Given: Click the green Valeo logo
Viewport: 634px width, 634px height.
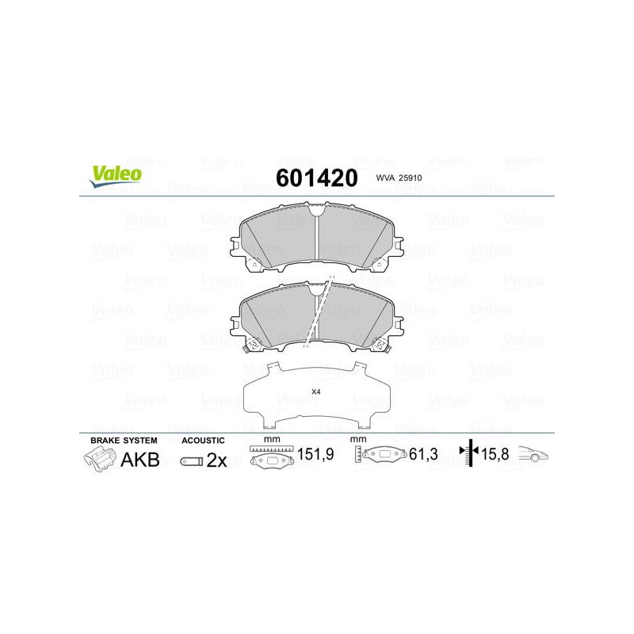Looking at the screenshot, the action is (x=116, y=176).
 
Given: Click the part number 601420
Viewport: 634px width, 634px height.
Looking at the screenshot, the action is (x=316, y=178).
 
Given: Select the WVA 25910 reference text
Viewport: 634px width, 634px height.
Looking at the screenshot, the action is (x=399, y=178).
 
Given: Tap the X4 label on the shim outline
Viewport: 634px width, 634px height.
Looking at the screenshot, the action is (x=315, y=391).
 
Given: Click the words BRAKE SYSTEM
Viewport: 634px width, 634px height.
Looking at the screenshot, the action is (x=124, y=441).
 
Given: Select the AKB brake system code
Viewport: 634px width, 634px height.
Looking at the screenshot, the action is (x=140, y=460).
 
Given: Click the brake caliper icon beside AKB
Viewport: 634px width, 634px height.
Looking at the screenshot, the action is (x=100, y=460).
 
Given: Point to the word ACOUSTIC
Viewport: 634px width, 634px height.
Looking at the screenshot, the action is (x=203, y=441).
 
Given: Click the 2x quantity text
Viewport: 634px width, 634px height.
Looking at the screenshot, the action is (x=216, y=460).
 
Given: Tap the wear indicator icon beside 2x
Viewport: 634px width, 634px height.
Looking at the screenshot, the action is (x=191, y=461).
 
